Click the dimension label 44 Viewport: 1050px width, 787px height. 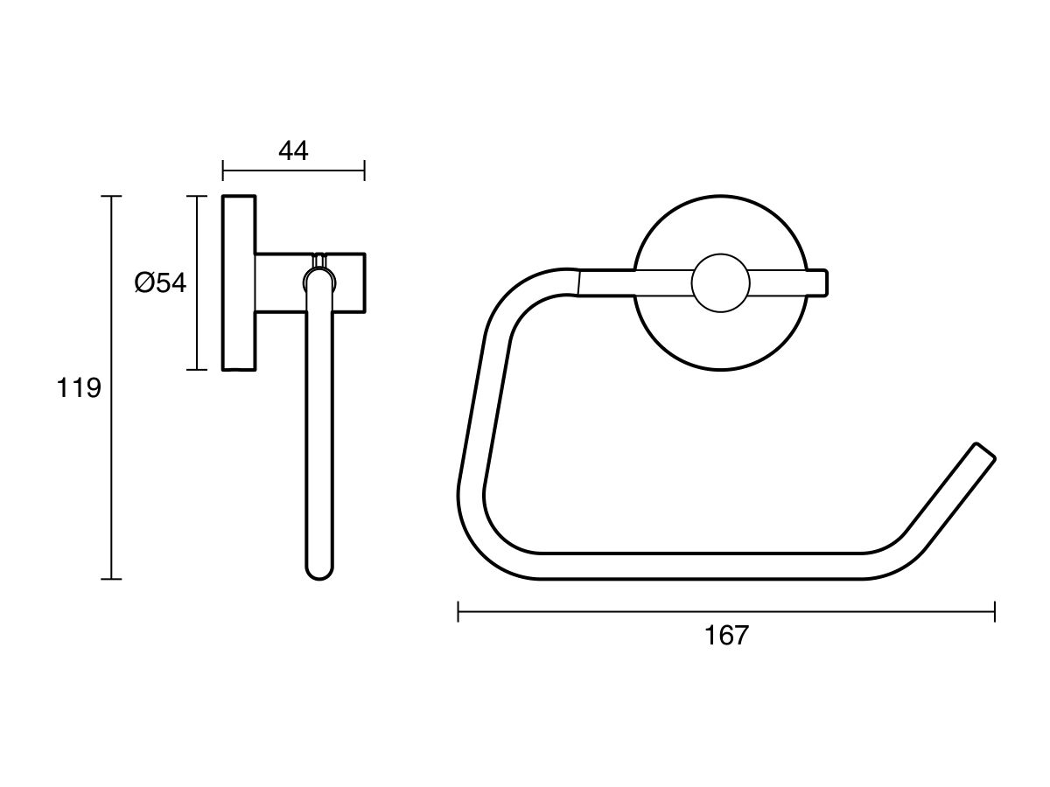293,150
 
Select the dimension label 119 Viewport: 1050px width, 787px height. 79,387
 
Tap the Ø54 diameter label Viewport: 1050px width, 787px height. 160,282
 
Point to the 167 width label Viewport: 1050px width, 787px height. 726,636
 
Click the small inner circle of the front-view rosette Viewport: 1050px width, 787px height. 720,282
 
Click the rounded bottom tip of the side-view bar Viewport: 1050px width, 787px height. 319,573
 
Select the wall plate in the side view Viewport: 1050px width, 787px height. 239,282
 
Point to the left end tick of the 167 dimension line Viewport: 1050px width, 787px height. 458,611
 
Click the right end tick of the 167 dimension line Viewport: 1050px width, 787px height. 995,611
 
